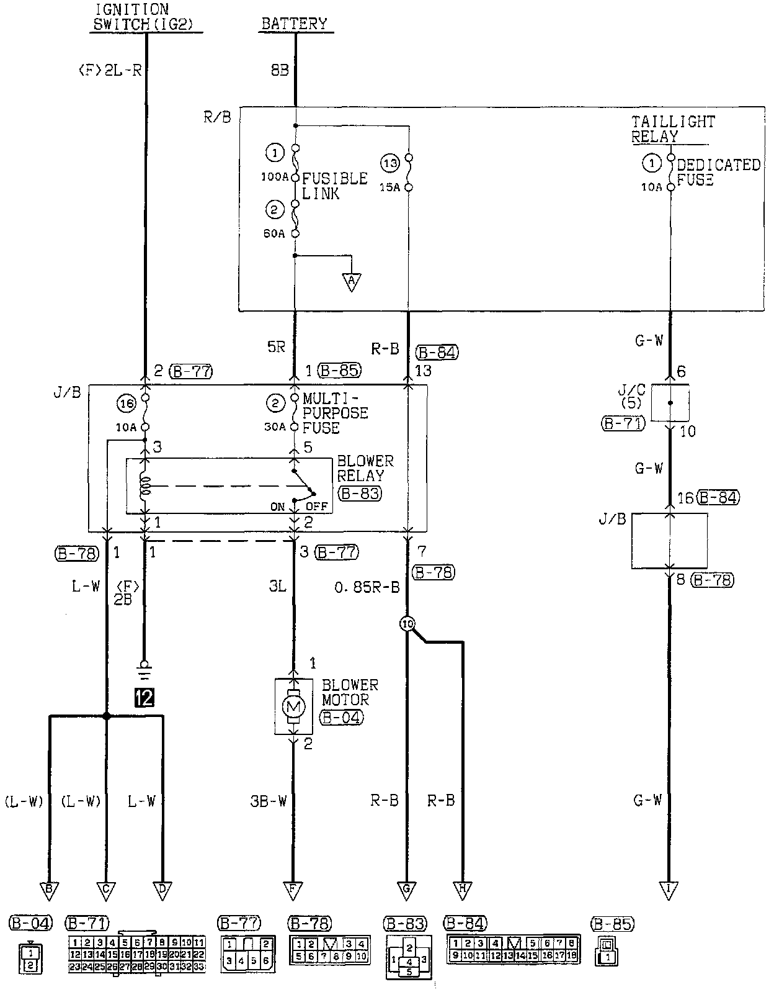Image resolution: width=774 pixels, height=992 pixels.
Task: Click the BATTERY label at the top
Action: (293, 24)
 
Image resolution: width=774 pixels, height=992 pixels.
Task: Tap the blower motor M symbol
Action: (293, 706)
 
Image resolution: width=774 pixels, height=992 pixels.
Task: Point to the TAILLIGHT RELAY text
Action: (673, 129)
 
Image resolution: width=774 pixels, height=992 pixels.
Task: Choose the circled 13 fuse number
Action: (390, 164)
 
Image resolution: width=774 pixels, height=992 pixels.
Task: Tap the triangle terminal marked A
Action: (352, 282)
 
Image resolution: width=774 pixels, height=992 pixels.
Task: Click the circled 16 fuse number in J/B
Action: (126, 404)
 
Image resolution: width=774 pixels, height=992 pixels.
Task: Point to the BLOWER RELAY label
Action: (365, 469)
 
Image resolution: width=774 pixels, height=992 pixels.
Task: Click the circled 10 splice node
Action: (407, 625)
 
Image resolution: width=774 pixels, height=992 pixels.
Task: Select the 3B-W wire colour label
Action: (268, 801)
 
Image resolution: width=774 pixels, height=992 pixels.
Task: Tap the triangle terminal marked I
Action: (669, 891)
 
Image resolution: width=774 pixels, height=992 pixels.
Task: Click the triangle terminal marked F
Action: (293, 891)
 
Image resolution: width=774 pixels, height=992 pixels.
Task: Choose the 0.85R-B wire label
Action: (367, 587)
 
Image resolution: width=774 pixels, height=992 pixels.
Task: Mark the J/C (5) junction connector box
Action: (670, 403)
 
